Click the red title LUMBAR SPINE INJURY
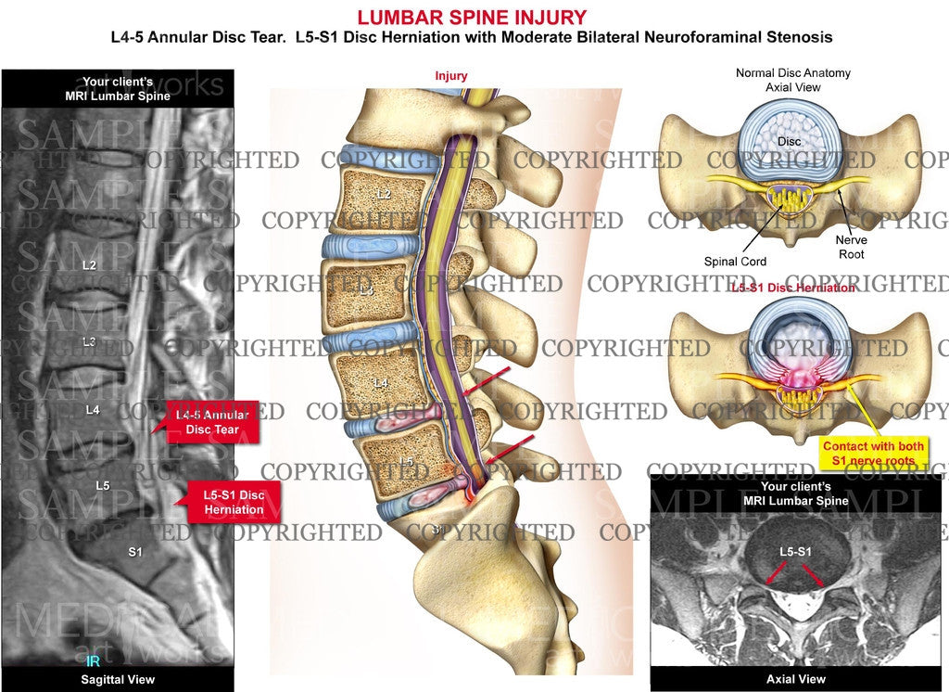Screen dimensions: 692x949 coord(472,17)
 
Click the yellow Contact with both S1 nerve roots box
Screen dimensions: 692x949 coord(874,453)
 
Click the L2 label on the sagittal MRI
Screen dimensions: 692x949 coord(89,265)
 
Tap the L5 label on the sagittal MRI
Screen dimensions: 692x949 coord(103,484)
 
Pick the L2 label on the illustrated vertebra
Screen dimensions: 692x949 coord(383,195)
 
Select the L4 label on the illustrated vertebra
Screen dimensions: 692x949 coord(380,382)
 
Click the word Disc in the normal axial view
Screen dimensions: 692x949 coord(790,141)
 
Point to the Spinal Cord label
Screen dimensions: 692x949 coord(735,262)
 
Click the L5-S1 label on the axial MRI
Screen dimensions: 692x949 coord(794,553)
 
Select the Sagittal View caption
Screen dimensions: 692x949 coord(117,680)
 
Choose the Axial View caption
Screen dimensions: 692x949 coord(795,680)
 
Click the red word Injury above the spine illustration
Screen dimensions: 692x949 coord(451,76)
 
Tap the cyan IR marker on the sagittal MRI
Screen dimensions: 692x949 coord(93,661)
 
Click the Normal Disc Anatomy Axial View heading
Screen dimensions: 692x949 coord(792,80)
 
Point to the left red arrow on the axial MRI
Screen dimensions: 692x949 coord(771,576)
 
